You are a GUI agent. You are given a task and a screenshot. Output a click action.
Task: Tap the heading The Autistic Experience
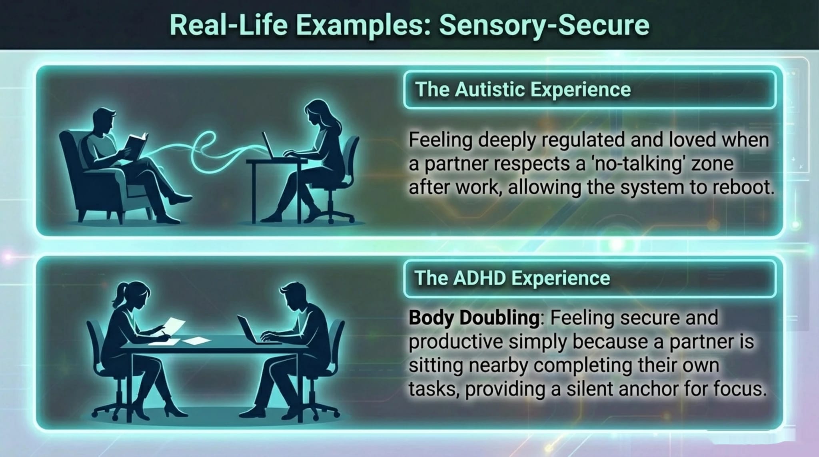[x=523, y=89]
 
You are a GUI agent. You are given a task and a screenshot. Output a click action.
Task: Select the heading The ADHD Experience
[x=512, y=278]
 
